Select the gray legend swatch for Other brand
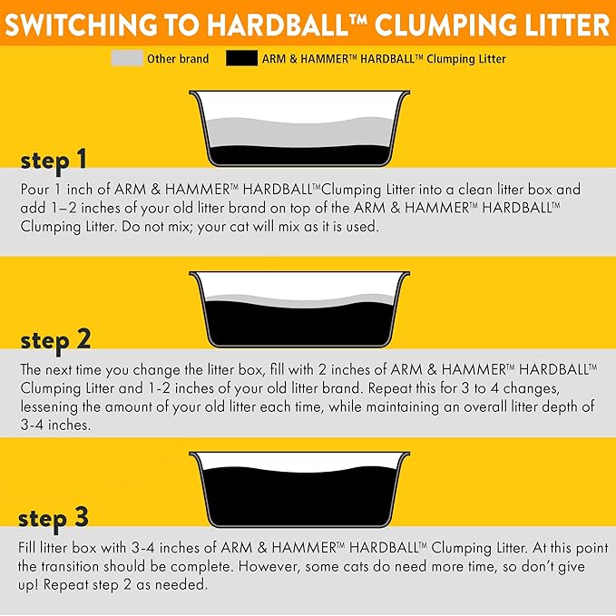[126, 59]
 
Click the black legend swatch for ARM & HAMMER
[240, 59]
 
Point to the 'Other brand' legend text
[178, 59]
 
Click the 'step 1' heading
[54, 161]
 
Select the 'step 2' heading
[55, 340]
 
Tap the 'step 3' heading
[54, 518]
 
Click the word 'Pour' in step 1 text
[34, 190]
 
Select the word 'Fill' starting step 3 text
[28, 549]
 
